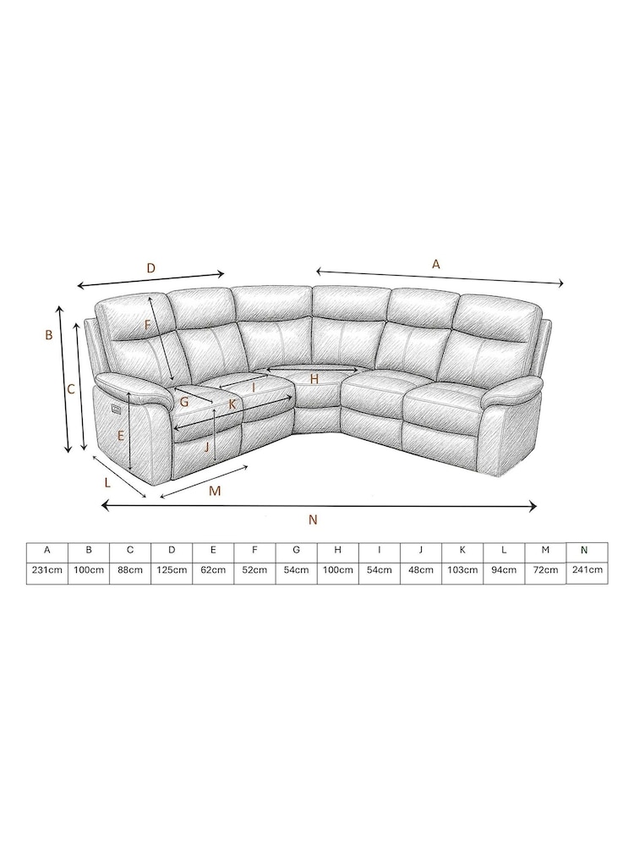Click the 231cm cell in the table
coord(47,570)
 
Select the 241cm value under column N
coord(587,570)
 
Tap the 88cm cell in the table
coord(130,570)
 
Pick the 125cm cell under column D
coord(172,570)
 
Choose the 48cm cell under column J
coord(421,570)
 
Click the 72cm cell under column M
coord(545,570)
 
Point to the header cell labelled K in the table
coord(462,550)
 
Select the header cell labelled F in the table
coord(254,550)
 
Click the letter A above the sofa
coord(436,264)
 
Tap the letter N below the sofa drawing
coord(314,520)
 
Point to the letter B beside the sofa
coord(49,335)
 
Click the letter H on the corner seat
coord(314,379)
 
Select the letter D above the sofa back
coord(150,268)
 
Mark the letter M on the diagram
coord(215,491)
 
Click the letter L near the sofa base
coord(107,482)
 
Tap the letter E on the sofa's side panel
coord(121,436)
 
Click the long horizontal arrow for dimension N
coord(319,506)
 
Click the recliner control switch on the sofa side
coord(117,409)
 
